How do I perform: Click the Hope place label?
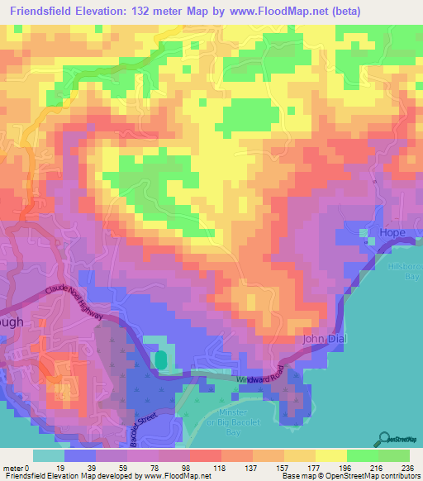click(392, 232)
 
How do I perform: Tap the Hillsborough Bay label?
click(404, 272)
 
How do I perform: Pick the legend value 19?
click(59, 469)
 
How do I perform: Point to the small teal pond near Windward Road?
click(160, 360)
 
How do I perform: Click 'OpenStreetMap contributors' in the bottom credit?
click(370, 476)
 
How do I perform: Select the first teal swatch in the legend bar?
click(47, 455)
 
